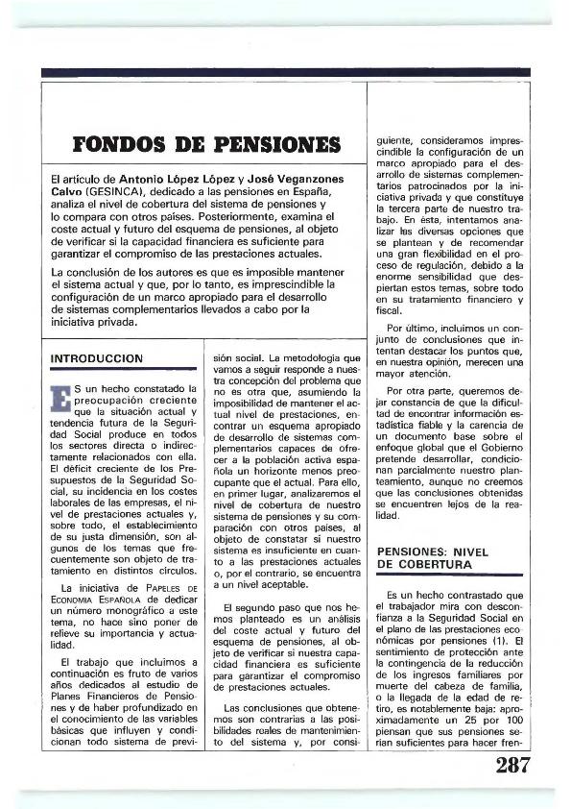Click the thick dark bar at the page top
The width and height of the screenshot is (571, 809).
tap(285, 72)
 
